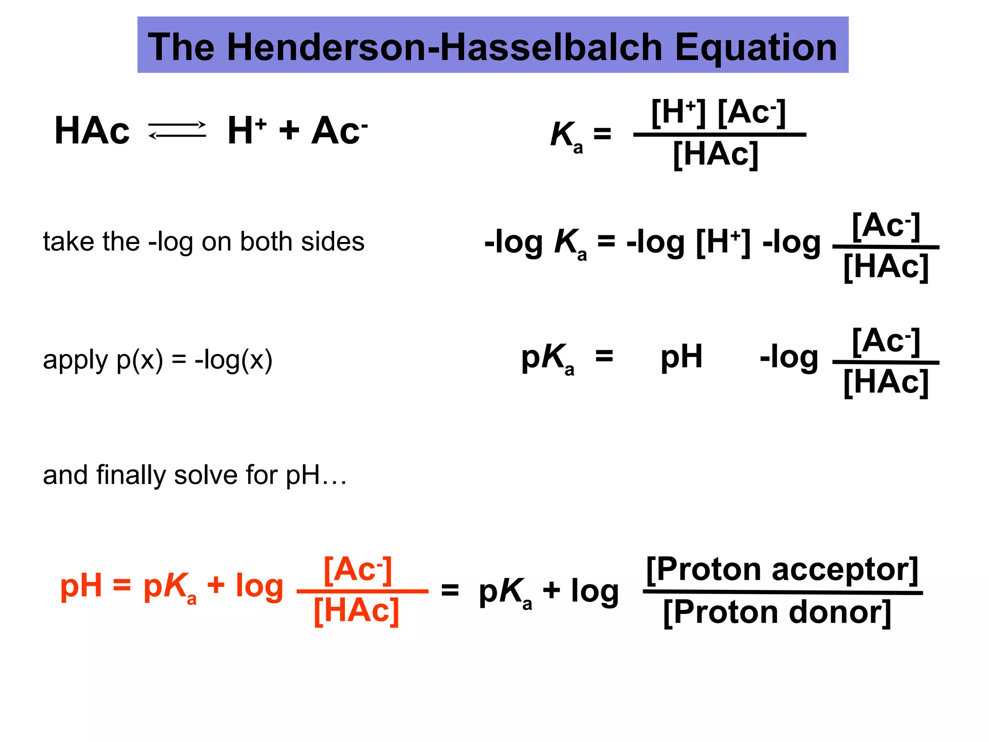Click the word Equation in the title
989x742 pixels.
[756, 48]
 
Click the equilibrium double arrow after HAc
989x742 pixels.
[177, 130]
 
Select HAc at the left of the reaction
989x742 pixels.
[92, 131]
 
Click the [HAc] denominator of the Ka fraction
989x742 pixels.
[716, 155]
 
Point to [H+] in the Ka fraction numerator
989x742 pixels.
[678, 113]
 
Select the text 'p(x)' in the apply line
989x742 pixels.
[140, 360]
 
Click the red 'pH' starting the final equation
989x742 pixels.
[81, 586]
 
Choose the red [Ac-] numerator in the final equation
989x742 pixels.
[358, 570]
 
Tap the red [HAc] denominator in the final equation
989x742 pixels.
[356, 611]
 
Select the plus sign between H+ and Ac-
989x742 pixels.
[289, 130]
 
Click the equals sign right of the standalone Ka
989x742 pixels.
[602, 133]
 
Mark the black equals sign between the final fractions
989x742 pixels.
[450, 590]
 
